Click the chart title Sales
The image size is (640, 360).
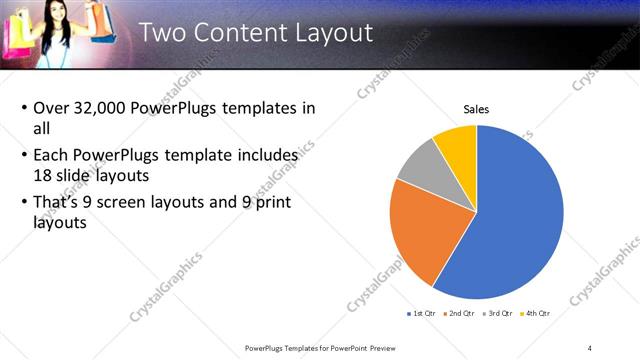click(x=476, y=109)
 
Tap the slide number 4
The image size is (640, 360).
click(x=590, y=347)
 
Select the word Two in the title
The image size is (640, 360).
click(x=162, y=32)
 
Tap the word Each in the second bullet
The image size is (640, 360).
click(x=53, y=156)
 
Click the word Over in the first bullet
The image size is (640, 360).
click(x=52, y=108)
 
